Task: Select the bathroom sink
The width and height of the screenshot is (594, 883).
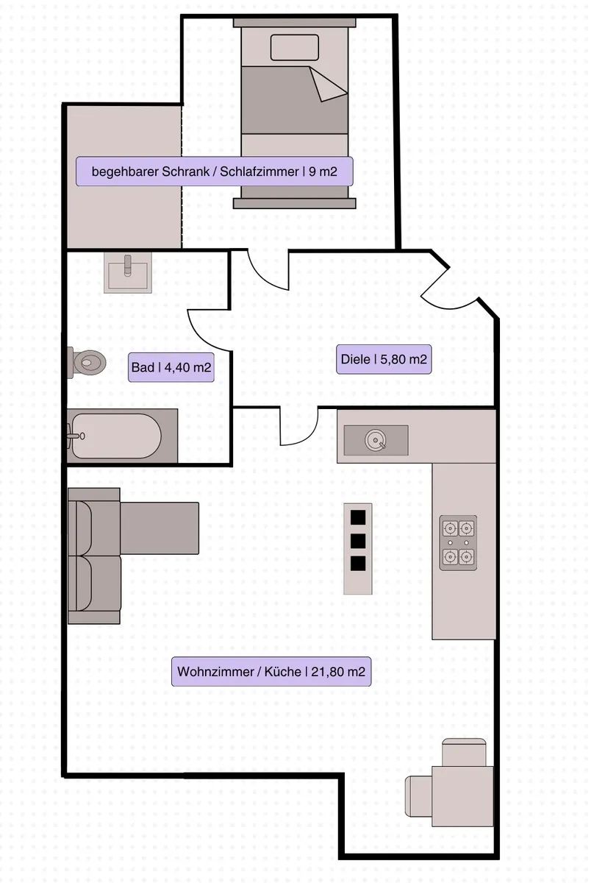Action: click(x=129, y=273)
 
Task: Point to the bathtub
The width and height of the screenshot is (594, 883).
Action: click(x=123, y=436)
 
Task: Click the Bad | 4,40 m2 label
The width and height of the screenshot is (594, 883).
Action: click(x=172, y=368)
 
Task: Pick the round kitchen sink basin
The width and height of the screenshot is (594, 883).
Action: click(x=376, y=441)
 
